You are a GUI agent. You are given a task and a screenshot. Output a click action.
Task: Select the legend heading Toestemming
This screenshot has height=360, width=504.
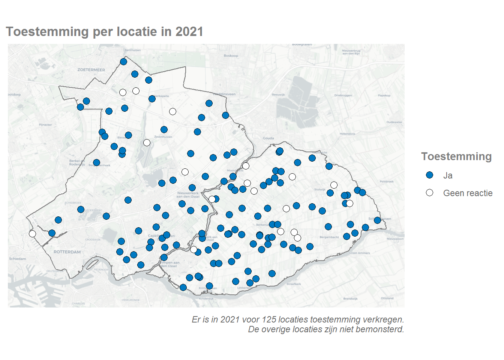pyautogui.click(x=456, y=156)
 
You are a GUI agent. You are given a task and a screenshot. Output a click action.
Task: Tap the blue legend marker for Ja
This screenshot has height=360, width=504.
pyautogui.click(x=430, y=175)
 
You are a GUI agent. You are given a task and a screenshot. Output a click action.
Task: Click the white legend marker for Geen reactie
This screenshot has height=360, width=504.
pyautogui.click(x=430, y=193)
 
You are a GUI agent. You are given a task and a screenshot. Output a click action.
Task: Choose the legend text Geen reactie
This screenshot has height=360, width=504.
pyautogui.click(x=468, y=193)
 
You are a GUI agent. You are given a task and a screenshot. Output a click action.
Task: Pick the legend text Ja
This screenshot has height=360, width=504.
pyautogui.click(x=448, y=175)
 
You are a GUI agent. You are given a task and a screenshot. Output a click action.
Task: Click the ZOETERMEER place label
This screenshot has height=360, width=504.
pyautogui.click(x=91, y=70)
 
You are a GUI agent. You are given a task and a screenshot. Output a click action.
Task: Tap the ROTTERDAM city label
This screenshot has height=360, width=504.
pyautogui.click(x=67, y=252)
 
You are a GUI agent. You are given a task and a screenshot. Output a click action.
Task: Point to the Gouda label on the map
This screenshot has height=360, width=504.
pyautogui.click(x=268, y=138)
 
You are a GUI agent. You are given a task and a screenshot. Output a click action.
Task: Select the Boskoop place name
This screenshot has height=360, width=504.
pyautogui.click(x=231, y=56)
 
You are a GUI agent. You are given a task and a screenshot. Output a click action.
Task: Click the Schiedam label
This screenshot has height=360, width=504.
pyautogui.click(x=18, y=259)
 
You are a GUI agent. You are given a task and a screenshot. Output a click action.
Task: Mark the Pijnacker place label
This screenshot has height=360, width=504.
pyautogui.click(x=45, y=124)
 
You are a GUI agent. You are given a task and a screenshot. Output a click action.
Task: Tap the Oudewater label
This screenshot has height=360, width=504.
pyautogui.click(x=394, y=122)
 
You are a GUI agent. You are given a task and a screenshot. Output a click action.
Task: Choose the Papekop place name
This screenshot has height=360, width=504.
pyautogui.click(x=384, y=96)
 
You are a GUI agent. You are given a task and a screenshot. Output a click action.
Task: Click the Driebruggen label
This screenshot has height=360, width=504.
pyautogui.click(x=343, y=95)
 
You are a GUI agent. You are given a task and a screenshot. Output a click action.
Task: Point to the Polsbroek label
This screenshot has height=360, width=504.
pyautogui.click(x=387, y=181)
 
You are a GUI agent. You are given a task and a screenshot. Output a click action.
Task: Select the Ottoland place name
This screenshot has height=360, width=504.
pyautogui.click(x=387, y=298)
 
